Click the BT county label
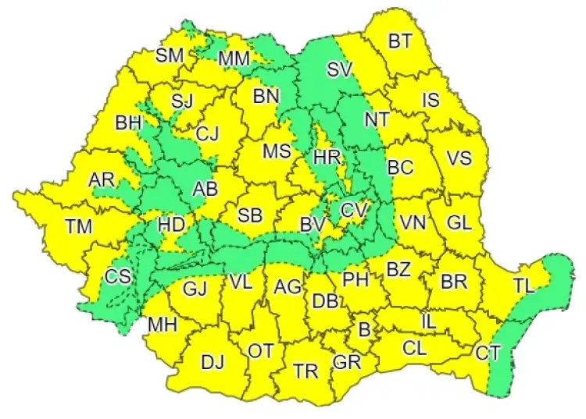[x=400, y=41]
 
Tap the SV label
[x=339, y=69]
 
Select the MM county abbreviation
[x=234, y=59]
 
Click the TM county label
[x=78, y=227]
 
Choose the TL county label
[x=523, y=286]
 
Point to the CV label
[x=353, y=210]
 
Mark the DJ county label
[x=213, y=362]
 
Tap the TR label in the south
[x=306, y=371]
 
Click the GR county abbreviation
[x=345, y=362]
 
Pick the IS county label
[x=431, y=100]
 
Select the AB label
[x=205, y=188]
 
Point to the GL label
[x=459, y=222]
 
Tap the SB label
[x=250, y=215]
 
